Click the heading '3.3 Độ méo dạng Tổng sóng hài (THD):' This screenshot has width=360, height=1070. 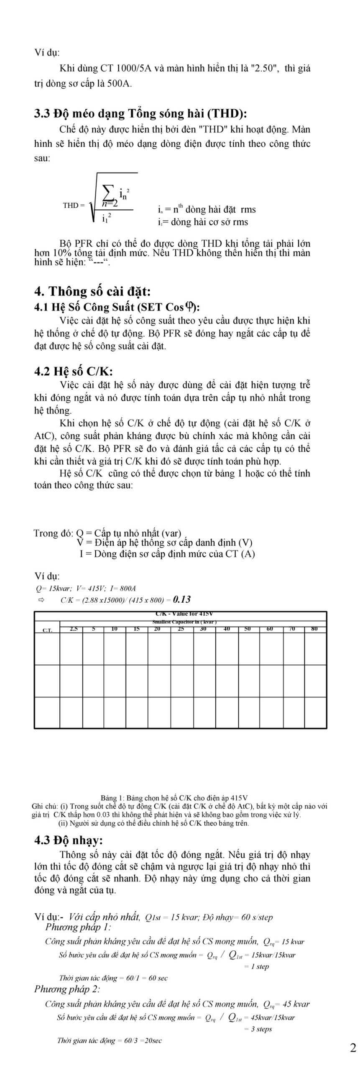[140, 113]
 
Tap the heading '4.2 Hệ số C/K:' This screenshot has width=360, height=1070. [74, 371]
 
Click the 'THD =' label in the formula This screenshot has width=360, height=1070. [74, 205]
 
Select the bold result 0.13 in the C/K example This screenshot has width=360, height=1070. [181, 599]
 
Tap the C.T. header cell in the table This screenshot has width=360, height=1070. [47, 630]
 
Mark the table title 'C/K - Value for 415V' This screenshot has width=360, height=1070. [184, 614]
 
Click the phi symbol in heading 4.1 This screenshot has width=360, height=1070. [190, 307]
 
